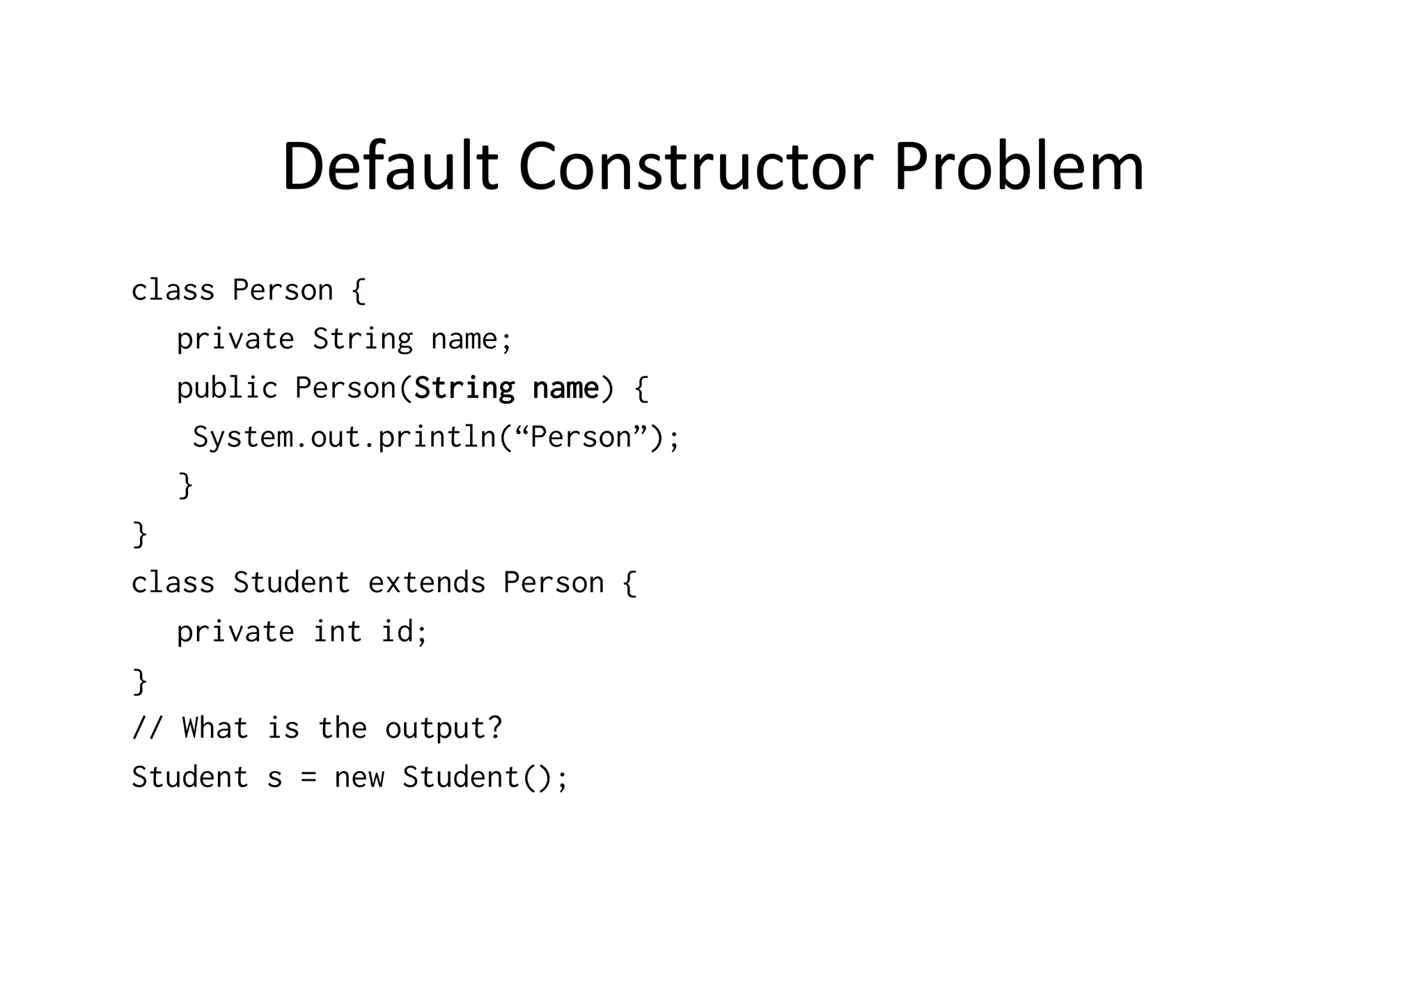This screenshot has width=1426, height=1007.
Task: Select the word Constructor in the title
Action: click(696, 167)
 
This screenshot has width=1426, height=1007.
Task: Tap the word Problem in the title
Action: click(1018, 167)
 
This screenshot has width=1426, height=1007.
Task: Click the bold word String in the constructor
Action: click(464, 388)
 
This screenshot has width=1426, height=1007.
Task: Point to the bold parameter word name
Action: click(565, 388)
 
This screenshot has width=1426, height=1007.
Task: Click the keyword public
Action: click(227, 388)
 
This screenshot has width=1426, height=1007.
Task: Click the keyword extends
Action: click(426, 583)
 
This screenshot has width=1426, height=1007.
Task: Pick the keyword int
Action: click(338, 632)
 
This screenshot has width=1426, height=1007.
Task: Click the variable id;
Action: click(404, 632)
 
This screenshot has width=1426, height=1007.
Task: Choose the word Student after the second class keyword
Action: click(291, 583)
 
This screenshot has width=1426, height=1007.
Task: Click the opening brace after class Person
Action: click(359, 291)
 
